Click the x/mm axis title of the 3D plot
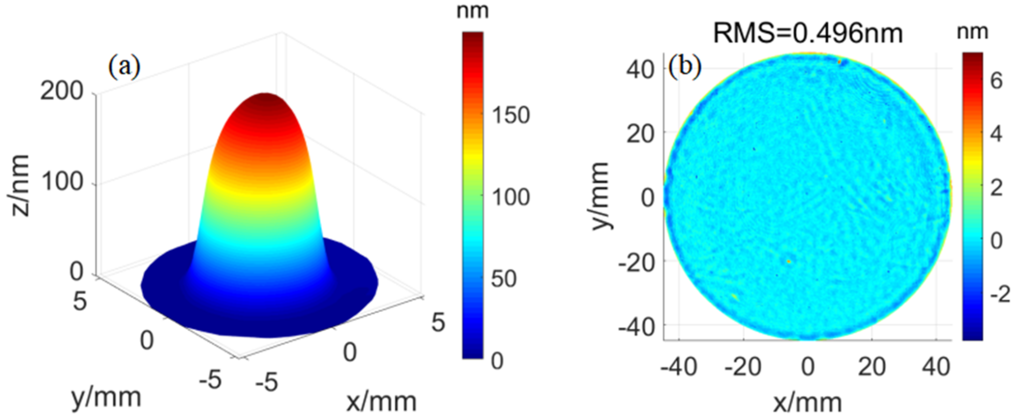pos(381,402)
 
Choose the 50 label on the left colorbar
pos(504,279)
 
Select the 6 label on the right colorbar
pos(996,81)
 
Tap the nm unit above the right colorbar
pos(972,32)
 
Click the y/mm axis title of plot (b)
pos(601,196)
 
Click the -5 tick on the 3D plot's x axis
pos(267,382)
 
